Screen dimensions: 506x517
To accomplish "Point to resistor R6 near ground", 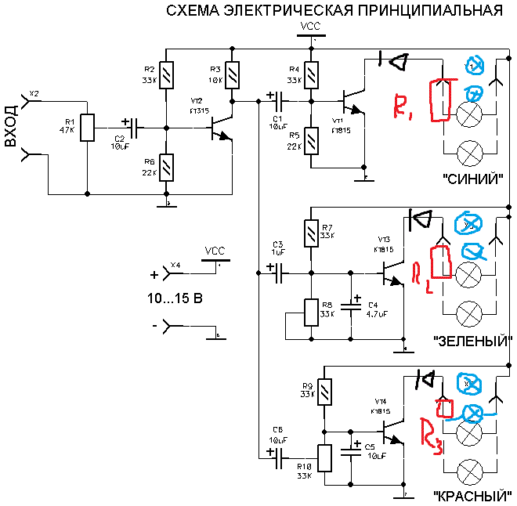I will tap(165, 167).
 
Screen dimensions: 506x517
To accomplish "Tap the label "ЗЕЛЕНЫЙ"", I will tap(472, 342).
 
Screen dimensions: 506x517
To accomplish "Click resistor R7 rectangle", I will tap(312, 233).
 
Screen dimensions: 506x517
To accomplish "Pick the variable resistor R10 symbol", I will tap(324, 458).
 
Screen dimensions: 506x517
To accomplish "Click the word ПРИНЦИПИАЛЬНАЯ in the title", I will tap(429, 11).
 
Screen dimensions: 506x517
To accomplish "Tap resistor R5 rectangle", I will tap(312, 141).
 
